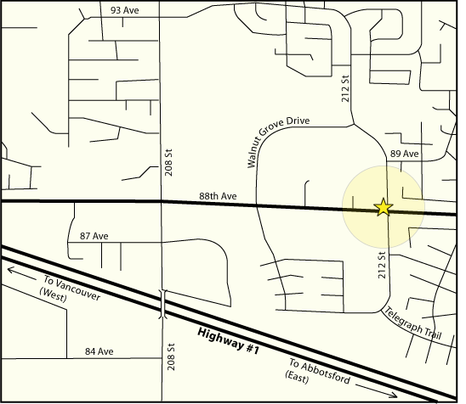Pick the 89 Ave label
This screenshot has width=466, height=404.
(x=405, y=154)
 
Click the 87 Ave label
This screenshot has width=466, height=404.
(x=94, y=235)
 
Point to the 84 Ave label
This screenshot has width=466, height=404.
(x=99, y=351)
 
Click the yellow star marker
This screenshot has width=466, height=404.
(x=384, y=207)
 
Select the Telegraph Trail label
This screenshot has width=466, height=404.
(x=413, y=323)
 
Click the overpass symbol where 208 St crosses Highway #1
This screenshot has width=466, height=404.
(x=161, y=306)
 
